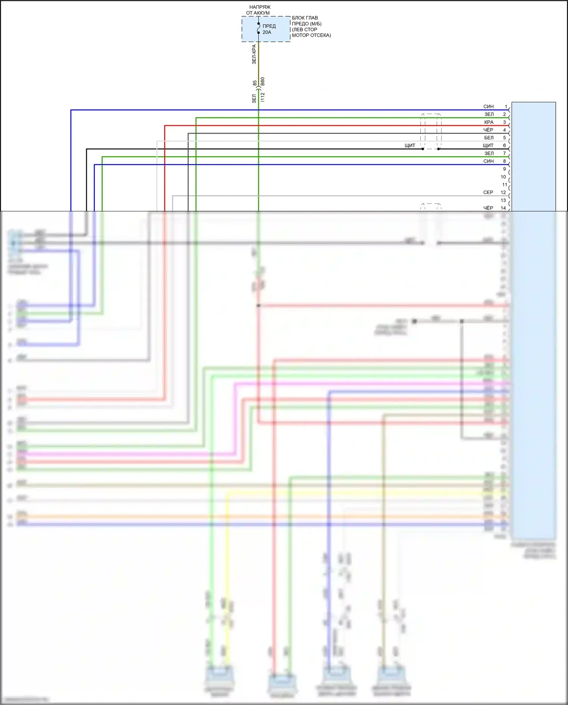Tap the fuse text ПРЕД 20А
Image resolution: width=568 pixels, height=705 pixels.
[269, 29]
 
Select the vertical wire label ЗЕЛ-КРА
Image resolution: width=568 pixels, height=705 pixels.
[254, 54]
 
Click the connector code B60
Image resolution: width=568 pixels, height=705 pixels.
[263, 82]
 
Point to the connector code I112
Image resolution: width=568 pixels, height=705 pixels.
[263, 97]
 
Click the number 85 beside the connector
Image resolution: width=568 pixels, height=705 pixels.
[255, 83]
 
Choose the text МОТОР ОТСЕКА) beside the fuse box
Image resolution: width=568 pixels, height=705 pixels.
[311, 35]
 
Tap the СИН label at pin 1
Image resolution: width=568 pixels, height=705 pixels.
[488, 106]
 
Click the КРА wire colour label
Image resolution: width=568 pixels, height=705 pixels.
[489, 122]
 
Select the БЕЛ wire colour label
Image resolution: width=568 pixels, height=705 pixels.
[489, 138]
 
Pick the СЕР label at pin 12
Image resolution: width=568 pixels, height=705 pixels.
[488, 192]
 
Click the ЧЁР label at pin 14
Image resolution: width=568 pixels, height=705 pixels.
[488, 208]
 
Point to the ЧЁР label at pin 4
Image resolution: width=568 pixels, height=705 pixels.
[488, 130]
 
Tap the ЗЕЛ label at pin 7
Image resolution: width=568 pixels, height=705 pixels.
[489, 153]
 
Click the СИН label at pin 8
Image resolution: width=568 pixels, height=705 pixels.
[488, 161]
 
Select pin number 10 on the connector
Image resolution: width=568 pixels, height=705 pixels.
[503, 177]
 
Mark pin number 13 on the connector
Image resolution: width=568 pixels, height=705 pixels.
[503, 200]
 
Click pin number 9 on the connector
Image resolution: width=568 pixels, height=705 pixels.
[504, 169]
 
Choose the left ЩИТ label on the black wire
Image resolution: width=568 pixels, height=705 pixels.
[410, 145]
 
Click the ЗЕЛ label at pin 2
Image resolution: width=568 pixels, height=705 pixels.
[489, 114]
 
